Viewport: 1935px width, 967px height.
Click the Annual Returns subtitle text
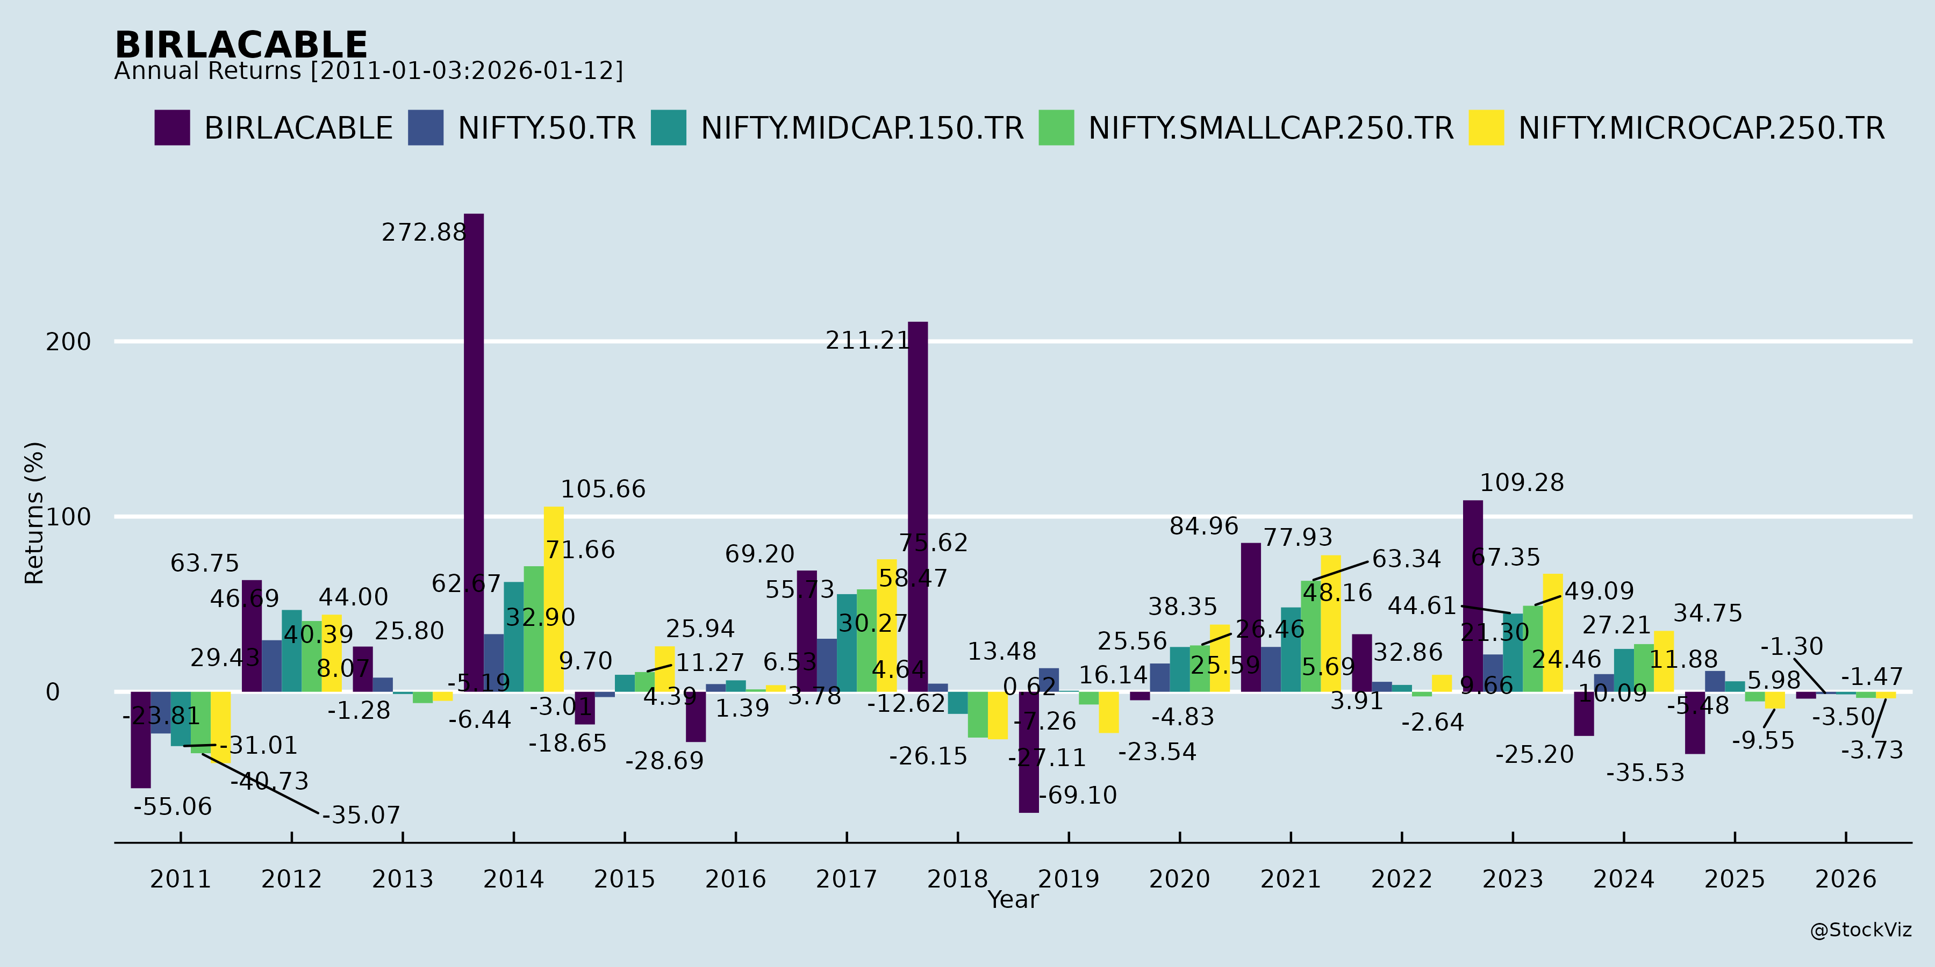(x=368, y=71)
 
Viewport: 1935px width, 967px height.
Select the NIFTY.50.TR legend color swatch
(x=425, y=128)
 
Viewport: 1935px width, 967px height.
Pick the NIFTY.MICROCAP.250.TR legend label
(x=1701, y=128)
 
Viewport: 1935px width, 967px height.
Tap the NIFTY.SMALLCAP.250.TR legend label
(x=1271, y=128)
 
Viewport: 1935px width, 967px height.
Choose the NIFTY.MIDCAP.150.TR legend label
(x=862, y=128)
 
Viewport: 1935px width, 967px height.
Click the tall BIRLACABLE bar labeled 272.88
(x=474, y=451)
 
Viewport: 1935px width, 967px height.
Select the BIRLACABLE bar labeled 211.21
(x=918, y=507)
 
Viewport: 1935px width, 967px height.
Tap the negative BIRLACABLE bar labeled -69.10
(x=1029, y=752)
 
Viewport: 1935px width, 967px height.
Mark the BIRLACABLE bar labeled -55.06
(x=140, y=740)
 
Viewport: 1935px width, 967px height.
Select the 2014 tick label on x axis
(x=514, y=879)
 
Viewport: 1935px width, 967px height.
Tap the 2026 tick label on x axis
(x=1846, y=879)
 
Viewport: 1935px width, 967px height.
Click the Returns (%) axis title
(x=34, y=513)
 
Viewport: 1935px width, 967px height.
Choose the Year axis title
(x=1013, y=899)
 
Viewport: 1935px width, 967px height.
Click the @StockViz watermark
(x=1861, y=930)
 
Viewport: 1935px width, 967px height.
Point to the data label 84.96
(x=1203, y=526)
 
